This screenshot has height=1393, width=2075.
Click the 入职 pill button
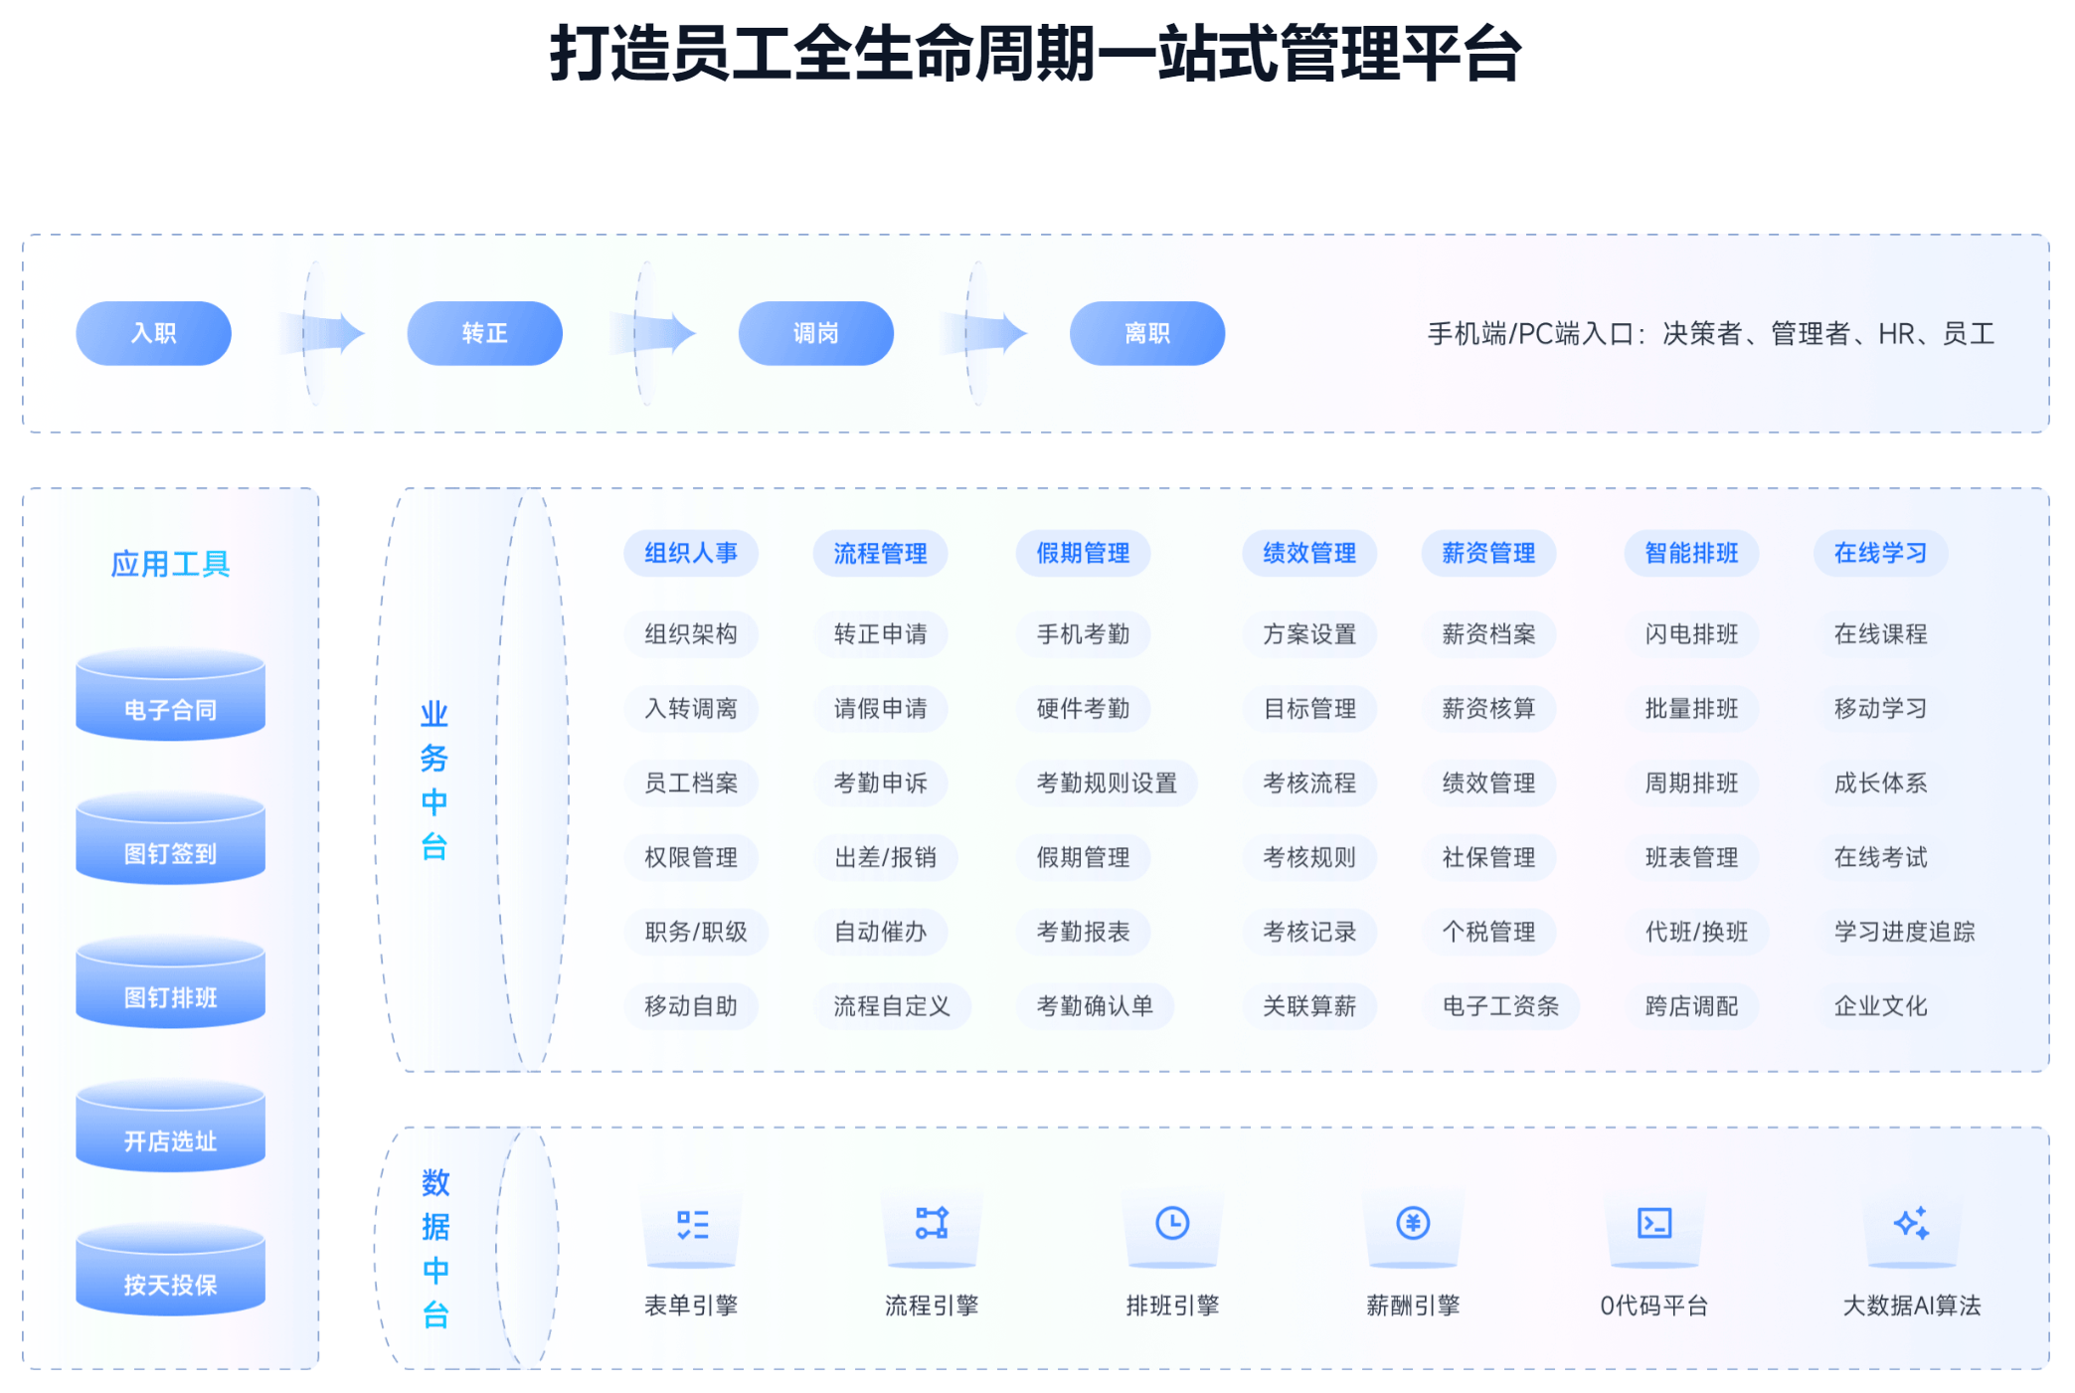[154, 333]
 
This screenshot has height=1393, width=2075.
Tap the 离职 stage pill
[1147, 333]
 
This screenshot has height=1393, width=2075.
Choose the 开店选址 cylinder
[171, 1126]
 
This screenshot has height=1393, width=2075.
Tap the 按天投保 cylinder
[171, 1270]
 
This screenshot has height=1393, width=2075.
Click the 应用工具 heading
[171, 564]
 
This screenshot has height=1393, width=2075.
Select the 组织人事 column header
[691, 553]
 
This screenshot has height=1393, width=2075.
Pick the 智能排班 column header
[1691, 553]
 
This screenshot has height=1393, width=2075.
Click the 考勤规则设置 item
[1107, 783]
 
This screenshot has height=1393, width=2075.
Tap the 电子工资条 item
[1500, 1006]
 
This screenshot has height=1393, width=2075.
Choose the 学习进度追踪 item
[1904, 932]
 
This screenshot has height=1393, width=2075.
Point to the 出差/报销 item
[885, 857]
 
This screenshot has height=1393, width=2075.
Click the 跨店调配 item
[1691, 1006]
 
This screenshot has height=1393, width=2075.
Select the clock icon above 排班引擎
[1172, 1223]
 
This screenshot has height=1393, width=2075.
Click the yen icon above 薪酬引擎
[1413, 1223]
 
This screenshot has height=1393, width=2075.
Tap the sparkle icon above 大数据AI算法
[1911, 1223]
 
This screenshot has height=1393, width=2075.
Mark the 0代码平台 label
[1653, 1306]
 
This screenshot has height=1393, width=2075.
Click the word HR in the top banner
[1896, 334]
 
